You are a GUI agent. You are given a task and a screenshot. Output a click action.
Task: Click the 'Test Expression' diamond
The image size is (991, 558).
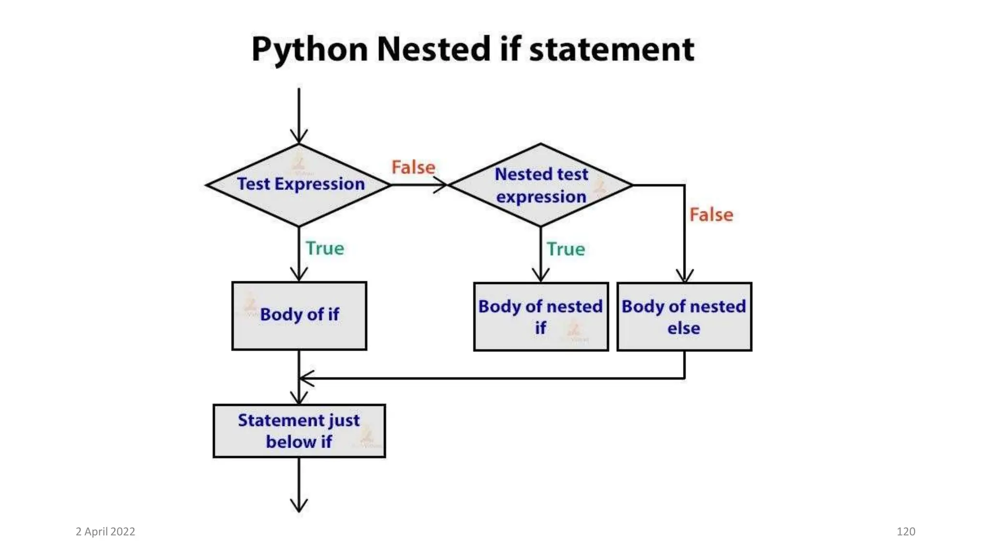click(299, 185)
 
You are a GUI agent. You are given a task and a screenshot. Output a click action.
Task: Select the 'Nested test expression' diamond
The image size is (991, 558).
click(541, 185)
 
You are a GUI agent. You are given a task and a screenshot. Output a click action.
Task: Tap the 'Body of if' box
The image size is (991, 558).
click(299, 315)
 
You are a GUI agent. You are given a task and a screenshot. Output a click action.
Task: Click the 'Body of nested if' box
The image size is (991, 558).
click(541, 316)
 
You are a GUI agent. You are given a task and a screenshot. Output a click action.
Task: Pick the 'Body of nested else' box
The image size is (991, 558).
click(684, 316)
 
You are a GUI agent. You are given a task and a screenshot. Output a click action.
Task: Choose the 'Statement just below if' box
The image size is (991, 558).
click(299, 431)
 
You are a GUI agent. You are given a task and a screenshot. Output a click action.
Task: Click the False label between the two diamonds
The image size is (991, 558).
click(413, 167)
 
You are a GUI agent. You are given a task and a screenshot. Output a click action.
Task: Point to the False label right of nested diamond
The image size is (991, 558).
click(711, 215)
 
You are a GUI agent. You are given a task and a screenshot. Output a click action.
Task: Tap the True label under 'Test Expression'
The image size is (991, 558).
click(325, 248)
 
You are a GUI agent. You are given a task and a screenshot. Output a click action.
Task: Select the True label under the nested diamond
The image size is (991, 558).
click(566, 249)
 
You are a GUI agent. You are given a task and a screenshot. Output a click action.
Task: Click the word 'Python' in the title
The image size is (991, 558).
click(310, 49)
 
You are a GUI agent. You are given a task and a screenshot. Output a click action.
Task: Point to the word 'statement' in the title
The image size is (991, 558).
click(612, 49)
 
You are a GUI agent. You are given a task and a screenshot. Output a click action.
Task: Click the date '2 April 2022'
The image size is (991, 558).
click(105, 531)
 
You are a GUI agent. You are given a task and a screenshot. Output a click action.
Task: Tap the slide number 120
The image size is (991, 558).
click(906, 531)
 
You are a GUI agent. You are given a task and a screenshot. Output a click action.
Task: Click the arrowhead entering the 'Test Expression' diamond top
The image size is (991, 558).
click(299, 137)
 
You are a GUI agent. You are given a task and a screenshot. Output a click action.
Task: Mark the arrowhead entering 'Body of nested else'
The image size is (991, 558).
click(684, 276)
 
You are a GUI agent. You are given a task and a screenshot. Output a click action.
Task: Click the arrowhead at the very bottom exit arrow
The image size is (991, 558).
click(299, 506)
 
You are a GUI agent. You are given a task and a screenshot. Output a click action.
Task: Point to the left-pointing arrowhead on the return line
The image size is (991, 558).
click(306, 378)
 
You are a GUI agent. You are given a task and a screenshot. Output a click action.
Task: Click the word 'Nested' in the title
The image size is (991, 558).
click(434, 49)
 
